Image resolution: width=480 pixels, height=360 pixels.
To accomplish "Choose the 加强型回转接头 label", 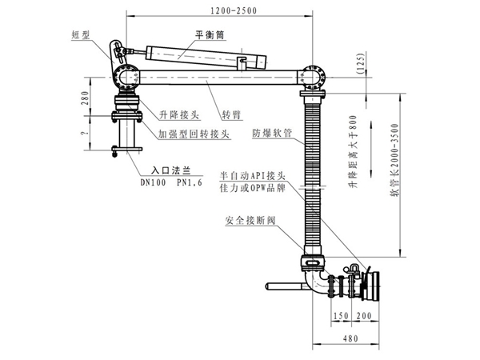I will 193,134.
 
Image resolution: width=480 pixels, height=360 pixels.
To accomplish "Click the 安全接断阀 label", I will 250,217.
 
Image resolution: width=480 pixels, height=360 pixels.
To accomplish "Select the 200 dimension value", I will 364,315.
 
